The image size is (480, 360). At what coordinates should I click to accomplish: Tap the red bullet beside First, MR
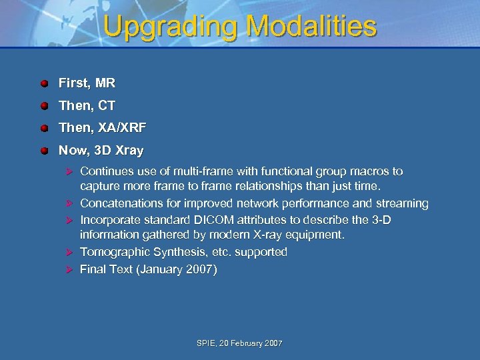pyautogui.click(x=43, y=84)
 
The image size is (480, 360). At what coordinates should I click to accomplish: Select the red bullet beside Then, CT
pyautogui.click(x=43, y=106)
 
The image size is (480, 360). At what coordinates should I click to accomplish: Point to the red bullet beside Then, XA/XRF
pyautogui.click(x=43, y=128)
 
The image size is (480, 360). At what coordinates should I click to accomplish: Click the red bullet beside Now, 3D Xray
pyautogui.click(x=43, y=151)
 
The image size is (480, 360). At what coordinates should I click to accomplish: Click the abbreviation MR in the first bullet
pyautogui.click(x=105, y=83)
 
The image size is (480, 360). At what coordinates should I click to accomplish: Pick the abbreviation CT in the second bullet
pyautogui.click(x=106, y=105)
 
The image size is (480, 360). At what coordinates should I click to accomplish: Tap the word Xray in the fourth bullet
pyautogui.click(x=128, y=151)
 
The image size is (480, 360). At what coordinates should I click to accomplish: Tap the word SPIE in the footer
pyautogui.click(x=207, y=343)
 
